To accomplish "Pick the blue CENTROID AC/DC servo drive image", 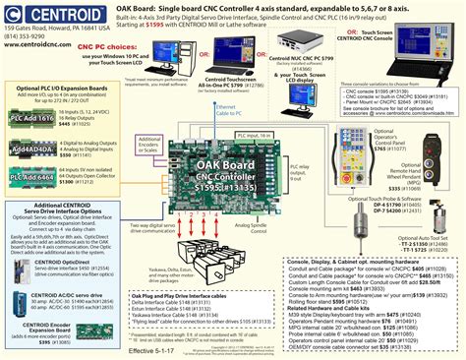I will pos(19,297).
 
